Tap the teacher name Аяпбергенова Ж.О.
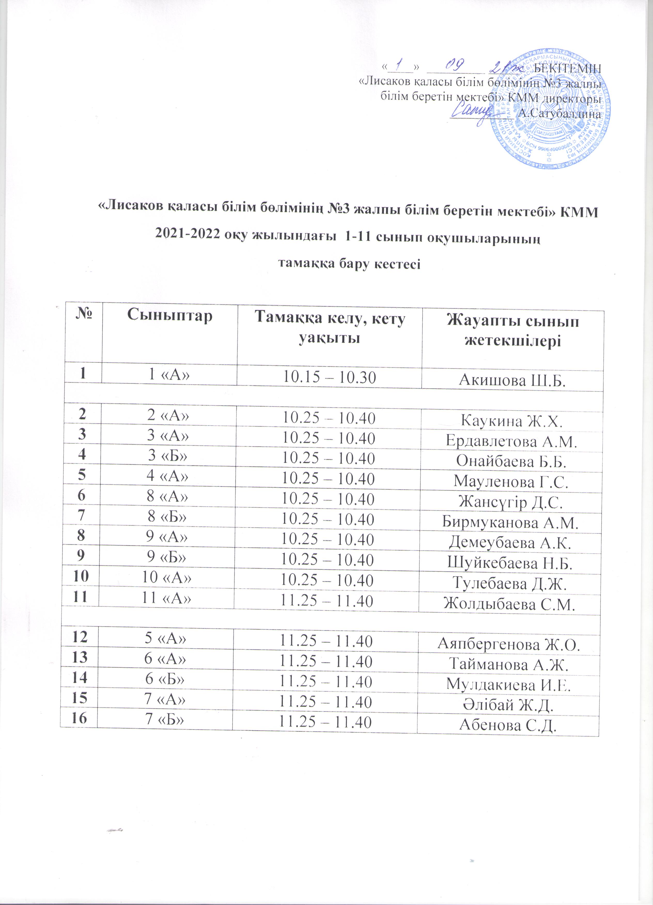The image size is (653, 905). click(508, 644)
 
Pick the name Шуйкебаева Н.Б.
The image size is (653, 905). click(510, 563)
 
